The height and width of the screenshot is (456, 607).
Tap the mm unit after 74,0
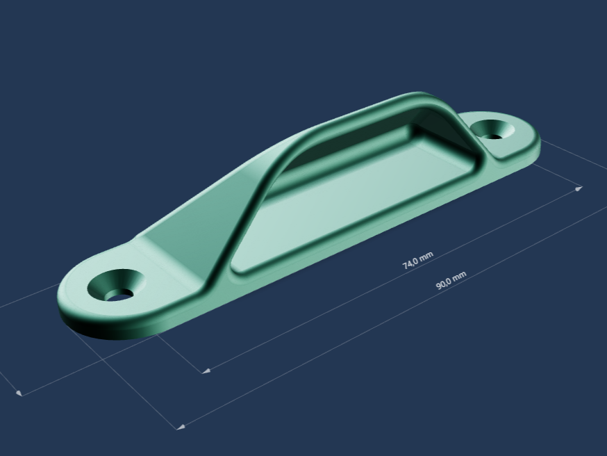point(426,256)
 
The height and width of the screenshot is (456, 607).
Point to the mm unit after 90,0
point(460,276)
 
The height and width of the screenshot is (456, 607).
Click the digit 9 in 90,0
point(439,286)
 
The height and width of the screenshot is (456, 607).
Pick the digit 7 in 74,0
point(406,266)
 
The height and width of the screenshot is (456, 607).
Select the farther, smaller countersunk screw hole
point(492,130)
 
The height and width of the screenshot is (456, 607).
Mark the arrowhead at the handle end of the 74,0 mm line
point(579,188)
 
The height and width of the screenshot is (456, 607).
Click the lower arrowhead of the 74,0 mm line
point(206,370)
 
